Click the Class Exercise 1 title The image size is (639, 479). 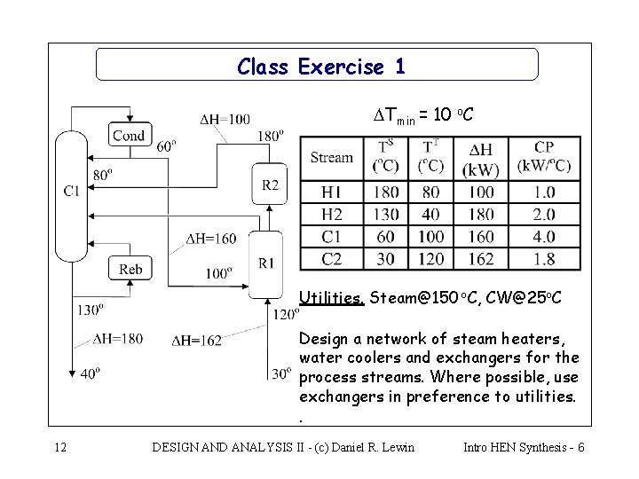(321, 67)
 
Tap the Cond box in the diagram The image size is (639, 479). (128, 135)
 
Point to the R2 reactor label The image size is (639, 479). (270, 185)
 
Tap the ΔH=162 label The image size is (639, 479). (196, 339)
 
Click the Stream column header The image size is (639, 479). (332, 158)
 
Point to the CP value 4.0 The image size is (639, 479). (545, 237)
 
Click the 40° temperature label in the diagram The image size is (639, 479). (90, 373)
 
